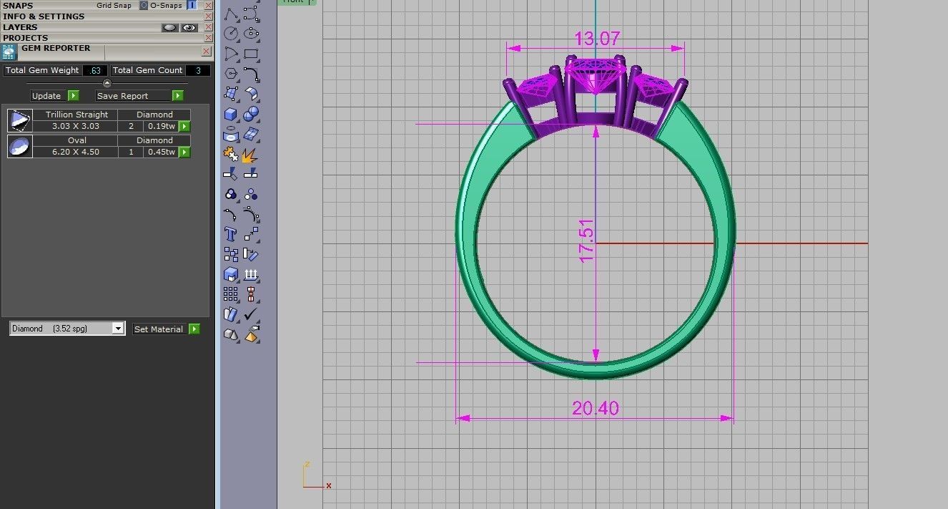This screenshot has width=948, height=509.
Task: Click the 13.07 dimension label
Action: pos(596,38)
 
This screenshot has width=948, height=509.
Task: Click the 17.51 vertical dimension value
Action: pos(587,241)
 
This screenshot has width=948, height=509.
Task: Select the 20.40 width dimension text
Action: pos(595,408)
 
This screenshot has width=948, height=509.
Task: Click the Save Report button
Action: pos(133,96)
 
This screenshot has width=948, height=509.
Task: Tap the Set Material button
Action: pos(159,329)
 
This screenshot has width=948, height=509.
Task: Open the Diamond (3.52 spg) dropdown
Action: pos(67,329)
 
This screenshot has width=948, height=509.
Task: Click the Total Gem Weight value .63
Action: pos(95,70)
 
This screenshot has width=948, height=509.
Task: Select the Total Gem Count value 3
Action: pos(198,70)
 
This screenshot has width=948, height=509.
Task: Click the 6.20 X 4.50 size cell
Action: pos(76,152)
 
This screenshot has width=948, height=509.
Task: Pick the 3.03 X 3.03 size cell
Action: pos(76,126)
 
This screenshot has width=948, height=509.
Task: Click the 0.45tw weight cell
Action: pos(161,152)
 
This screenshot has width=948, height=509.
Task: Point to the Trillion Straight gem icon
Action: pos(19,120)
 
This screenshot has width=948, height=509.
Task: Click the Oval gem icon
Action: pos(19,146)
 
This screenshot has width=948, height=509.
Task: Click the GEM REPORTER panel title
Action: pos(56,48)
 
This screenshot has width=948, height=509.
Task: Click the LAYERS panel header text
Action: pos(20,27)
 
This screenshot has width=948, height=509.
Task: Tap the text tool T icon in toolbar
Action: pos(230,233)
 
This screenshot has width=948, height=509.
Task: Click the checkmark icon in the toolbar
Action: pos(250,314)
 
